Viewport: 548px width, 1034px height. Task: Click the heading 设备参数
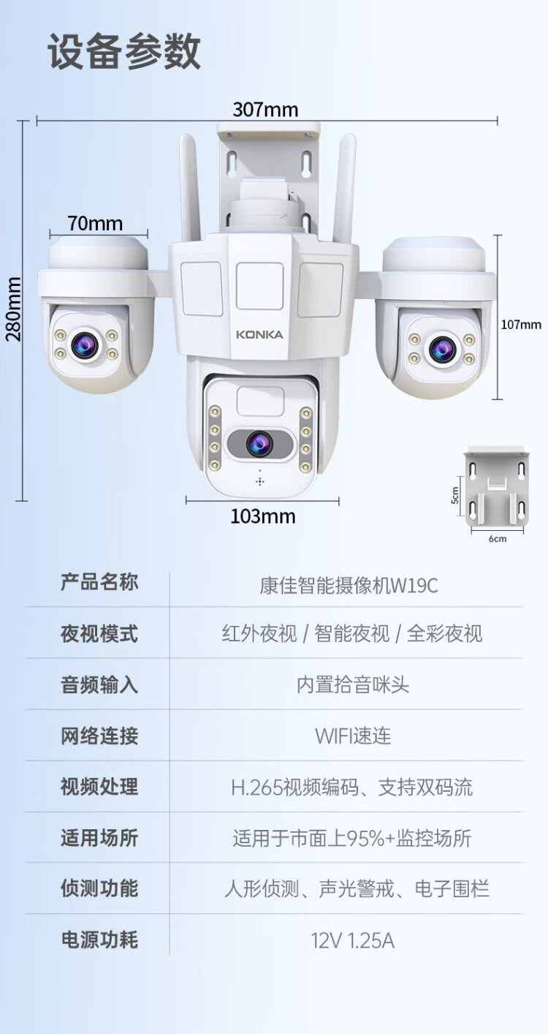(x=124, y=52)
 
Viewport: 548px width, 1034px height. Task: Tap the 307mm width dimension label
(x=266, y=110)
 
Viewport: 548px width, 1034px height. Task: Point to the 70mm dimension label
(x=96, y=224)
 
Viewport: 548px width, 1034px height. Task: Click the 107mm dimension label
(x=521, y=325)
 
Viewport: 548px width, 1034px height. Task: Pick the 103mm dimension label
(x=262, y=516)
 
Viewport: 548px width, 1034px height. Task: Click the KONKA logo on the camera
(x=259, y=335)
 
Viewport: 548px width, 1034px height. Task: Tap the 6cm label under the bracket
(x=497, y=539)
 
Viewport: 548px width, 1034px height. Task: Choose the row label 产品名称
(x=99, y=583)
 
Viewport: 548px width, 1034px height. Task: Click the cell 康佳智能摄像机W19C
(x=349, y=586)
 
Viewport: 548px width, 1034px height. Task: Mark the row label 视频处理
(x=99, y=787)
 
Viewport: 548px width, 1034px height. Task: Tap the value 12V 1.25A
(x=353, y=940)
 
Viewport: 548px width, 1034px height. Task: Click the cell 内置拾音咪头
(x=353, y=684)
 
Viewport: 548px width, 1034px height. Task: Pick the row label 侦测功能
(x=99, y=889)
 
